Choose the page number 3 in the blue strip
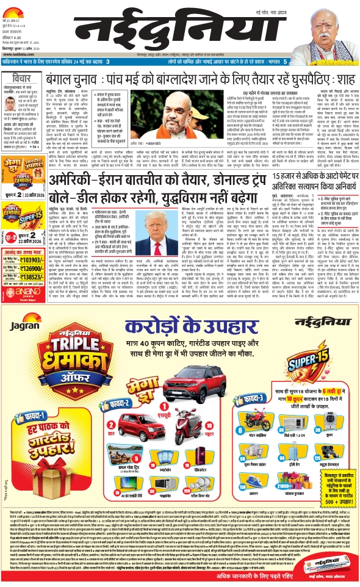click(107, 62)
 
